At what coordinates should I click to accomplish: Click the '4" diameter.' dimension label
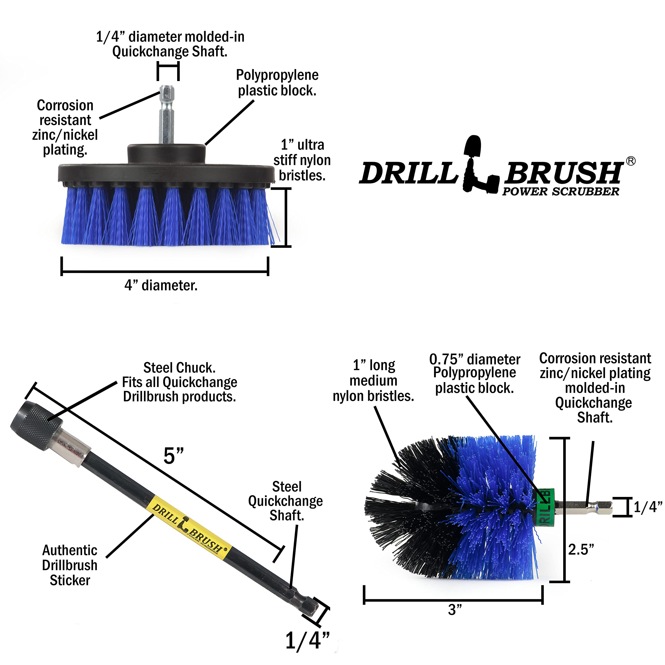tap(161, 285)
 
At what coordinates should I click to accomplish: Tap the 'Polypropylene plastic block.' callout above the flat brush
tap(277, 83)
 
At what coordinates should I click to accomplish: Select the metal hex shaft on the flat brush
tap(167, 115)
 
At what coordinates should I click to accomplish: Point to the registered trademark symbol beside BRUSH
tap(630, 161)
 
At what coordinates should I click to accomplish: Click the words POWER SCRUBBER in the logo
tap(560, 192)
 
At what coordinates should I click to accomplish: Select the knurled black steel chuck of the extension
tap(36, 426)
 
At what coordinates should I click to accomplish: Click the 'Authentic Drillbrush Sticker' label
tap(70, 565)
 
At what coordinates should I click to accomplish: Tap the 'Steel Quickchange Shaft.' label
tap(286, 501)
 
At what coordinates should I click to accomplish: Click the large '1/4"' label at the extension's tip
tap(307, 641)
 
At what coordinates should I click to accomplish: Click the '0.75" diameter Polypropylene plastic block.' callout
tap(475, 374)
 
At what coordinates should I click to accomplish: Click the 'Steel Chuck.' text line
tap(179, 368)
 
